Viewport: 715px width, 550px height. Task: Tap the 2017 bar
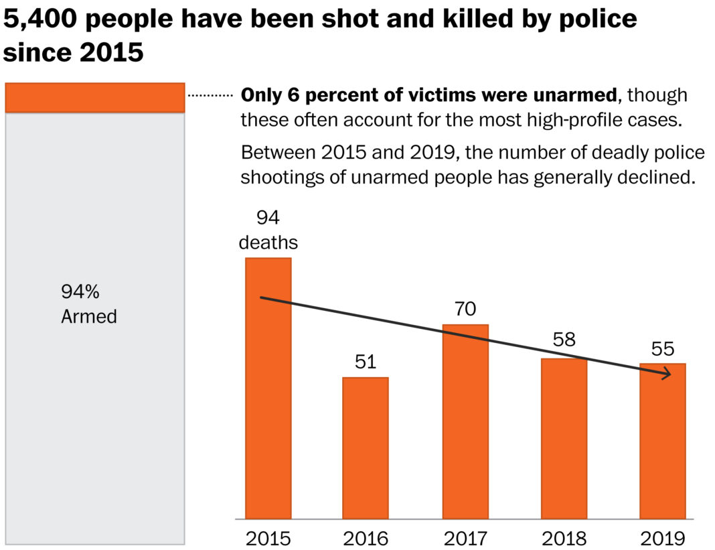(465, 421)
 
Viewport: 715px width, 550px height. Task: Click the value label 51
(366, 362)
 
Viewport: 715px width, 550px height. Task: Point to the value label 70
(465, 310)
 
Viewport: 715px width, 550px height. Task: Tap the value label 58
(564, 340)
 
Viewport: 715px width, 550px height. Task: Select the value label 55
(663, 348)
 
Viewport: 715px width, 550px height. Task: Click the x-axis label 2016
(366, 538)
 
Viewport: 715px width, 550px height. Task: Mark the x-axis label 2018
(564, 538)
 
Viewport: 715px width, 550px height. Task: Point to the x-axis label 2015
(268, 538)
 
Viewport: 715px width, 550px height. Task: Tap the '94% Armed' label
(89, 304)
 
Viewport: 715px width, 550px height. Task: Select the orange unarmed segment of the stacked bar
(94, 97)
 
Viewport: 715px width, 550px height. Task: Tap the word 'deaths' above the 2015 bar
(268, 242)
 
